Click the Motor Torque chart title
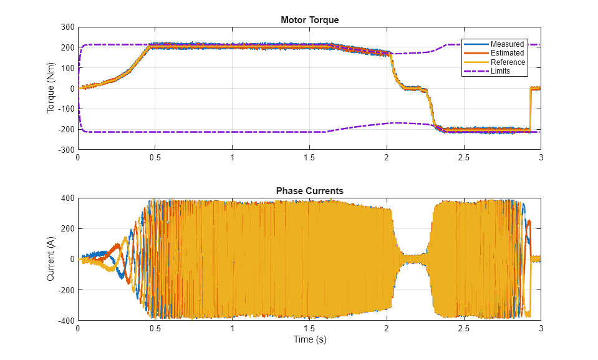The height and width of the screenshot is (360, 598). click(x=309, y=20)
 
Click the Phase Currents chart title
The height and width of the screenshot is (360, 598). click(x=309, y=191)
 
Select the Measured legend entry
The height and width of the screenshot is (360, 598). click(x=507, y=44)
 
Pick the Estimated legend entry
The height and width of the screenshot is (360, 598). click(x=507, y=53)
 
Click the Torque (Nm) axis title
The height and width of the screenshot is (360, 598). click(x=51, y=88)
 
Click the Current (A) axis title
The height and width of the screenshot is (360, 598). click(x=51, y=258)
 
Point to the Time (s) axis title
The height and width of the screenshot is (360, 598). click(x=309, y=340)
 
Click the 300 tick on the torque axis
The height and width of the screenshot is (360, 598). click(x=67, y=27)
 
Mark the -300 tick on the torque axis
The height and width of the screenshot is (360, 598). click(x=65, y=150)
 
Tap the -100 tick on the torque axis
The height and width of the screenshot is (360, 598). click(x=65, y=109)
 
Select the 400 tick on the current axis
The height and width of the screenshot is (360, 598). click(x=67, y=198)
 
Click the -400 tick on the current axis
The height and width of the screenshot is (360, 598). click(x=65, y=320)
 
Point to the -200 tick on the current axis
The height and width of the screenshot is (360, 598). click(x=65, y=289)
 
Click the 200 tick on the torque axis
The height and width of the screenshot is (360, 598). click(x=67, y=47)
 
